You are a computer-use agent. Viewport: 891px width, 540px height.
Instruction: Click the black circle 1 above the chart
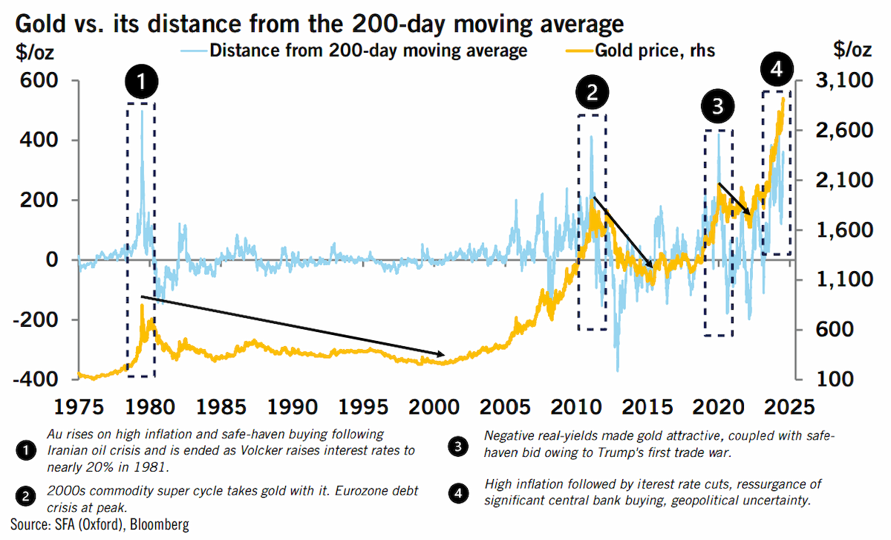pos(142,82)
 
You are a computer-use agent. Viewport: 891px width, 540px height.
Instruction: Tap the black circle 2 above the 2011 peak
pos(593,92)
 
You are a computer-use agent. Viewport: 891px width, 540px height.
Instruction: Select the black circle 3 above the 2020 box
pos(717,106)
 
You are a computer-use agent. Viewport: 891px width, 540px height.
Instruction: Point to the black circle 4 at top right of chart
pos(777,69)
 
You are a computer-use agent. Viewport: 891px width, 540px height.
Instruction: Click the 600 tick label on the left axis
pos(39,80)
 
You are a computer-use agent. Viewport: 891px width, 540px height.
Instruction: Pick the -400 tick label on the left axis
pos(36,380)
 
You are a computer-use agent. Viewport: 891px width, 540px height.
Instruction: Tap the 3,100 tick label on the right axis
pos(844,80)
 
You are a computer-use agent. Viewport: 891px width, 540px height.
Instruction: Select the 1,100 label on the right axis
pos(844,279)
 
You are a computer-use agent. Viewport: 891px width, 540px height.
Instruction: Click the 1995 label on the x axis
pos(363,407)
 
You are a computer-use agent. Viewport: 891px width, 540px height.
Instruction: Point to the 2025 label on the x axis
pos(789,407)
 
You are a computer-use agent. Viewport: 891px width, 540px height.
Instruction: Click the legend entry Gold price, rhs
pos(640,51)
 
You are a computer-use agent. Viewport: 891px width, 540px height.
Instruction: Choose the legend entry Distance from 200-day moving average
pos(354,51)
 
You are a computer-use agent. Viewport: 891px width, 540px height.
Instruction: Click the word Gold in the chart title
pos(40,24)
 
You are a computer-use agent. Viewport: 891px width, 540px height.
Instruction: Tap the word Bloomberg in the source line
pos(160,524)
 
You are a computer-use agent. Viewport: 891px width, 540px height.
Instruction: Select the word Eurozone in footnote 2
pos(360,490)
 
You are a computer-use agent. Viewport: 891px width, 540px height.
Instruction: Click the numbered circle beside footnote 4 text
pos(458,493)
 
